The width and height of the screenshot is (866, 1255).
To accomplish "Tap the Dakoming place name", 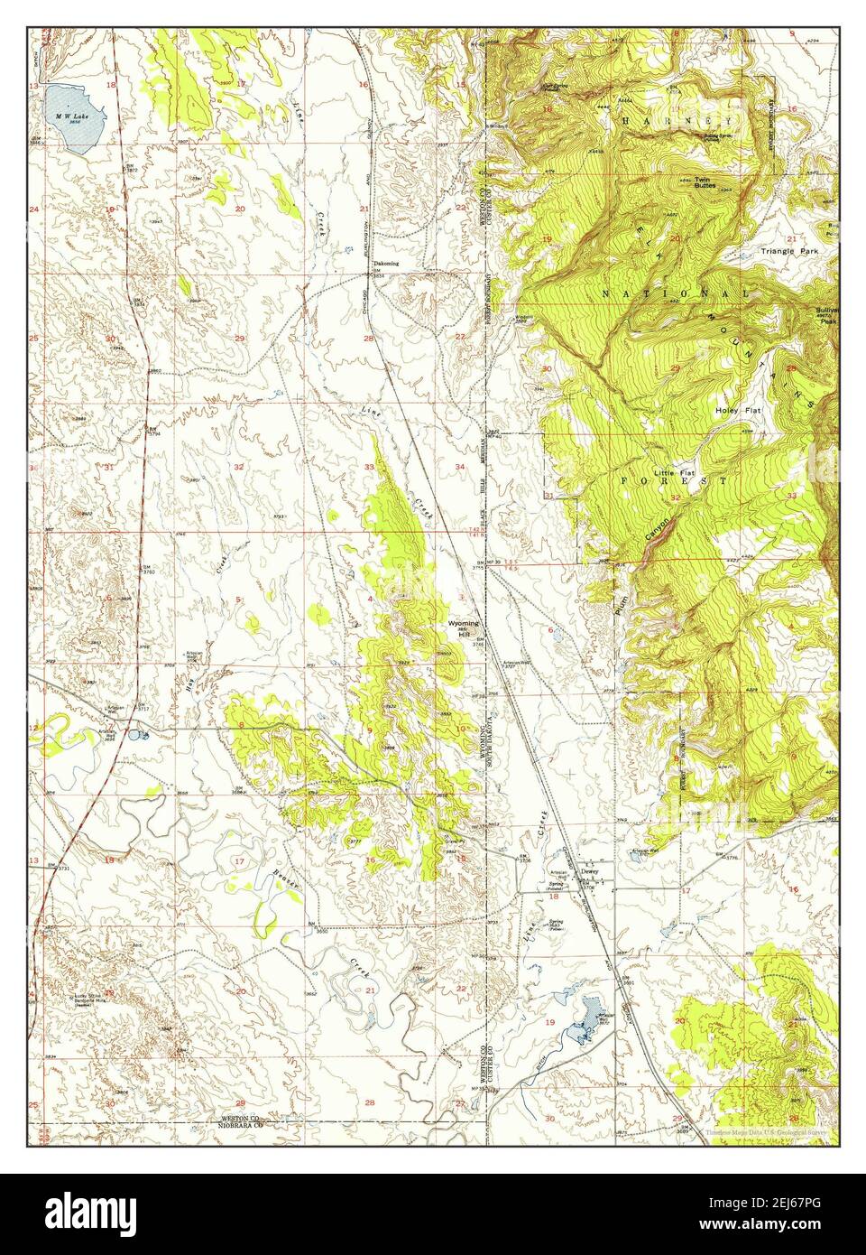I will tap(386, 264).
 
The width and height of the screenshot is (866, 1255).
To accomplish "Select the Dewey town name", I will tap(591, 871).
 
